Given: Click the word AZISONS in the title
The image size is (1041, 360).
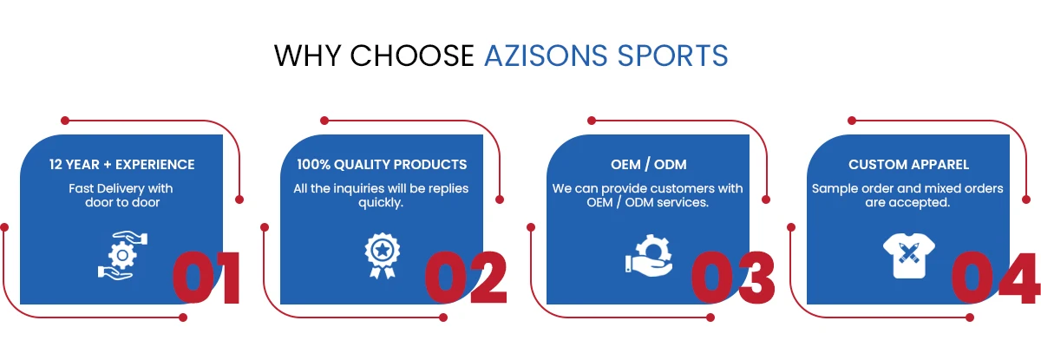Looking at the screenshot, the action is (546, 56).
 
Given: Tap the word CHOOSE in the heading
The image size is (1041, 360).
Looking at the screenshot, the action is (412, 56).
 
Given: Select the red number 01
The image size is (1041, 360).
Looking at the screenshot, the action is (206, 278).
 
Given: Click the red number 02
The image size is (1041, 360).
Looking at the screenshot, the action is (466, 278).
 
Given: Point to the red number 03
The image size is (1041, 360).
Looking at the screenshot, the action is (733, 278).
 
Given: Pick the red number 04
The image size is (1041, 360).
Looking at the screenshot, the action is (994, 278).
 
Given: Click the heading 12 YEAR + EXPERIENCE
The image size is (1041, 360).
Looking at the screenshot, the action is (121, 165).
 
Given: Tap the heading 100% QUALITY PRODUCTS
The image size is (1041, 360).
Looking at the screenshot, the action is (382, 165).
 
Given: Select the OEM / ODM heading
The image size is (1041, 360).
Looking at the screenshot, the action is (648, 165).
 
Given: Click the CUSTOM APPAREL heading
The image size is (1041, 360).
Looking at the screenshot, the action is (908, 165).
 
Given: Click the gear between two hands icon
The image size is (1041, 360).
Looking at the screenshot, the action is (122, 256).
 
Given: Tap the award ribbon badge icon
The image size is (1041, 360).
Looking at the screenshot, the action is (382, 256).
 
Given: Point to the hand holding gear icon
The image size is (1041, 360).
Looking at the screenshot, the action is (649, 256).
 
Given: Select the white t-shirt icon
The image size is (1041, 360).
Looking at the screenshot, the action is (909, 256).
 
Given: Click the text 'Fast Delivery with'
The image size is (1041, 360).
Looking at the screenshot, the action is (121, 188).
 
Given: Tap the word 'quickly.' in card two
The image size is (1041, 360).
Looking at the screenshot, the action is (381, 203).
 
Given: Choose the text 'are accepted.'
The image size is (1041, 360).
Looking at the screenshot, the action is (907, 203).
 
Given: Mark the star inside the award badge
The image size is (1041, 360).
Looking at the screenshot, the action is (382, 251).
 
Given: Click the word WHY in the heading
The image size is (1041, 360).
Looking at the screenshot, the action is (307, 56).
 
